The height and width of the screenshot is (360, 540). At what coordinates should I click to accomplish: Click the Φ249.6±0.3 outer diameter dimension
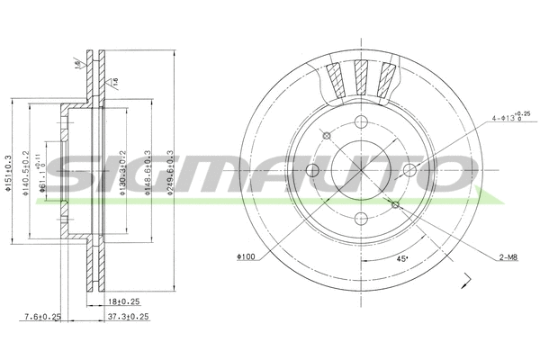point(172,175)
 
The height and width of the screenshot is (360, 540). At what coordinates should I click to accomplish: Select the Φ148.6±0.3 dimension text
point(147,175)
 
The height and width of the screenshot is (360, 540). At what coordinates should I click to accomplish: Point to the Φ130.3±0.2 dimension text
point(122,175)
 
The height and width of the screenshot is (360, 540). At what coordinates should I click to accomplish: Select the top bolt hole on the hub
point(362,122)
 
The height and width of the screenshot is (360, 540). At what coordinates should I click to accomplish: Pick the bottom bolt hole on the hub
point(362,216)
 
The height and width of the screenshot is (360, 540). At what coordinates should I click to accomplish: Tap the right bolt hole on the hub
point(409,169)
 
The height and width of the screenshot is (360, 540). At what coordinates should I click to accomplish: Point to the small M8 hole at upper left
point(328,135)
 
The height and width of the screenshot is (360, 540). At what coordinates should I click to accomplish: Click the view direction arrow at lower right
point(466,281)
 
